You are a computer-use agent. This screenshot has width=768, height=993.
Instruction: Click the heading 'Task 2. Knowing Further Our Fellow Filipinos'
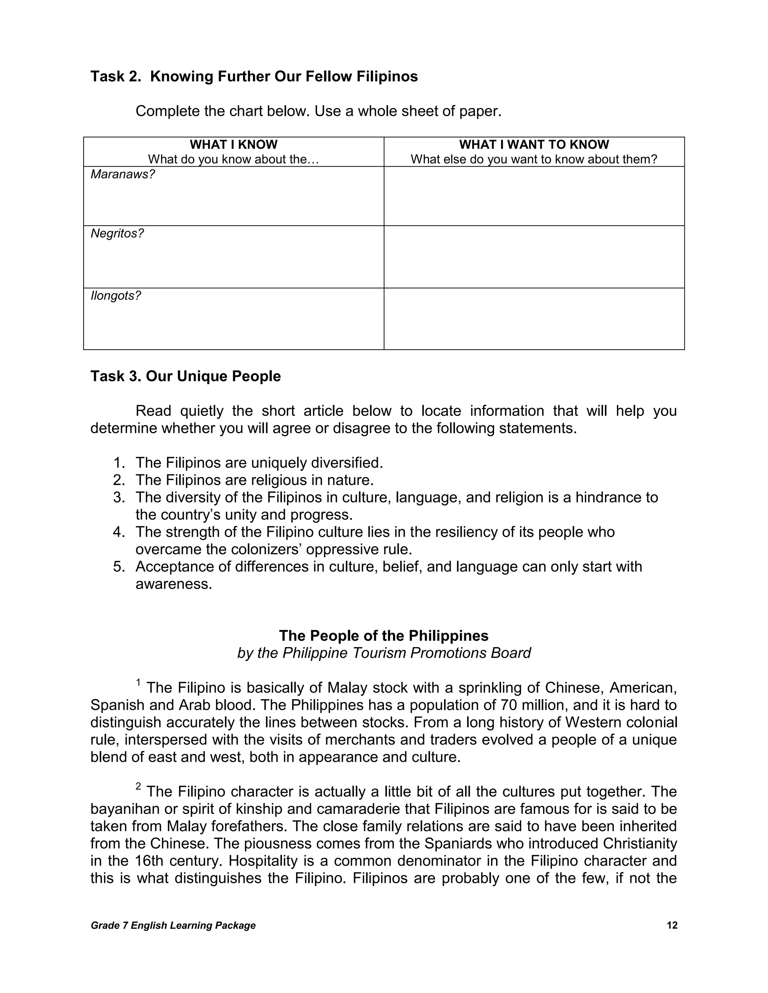[254, 76]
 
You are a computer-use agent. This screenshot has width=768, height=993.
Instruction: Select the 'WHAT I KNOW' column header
[233, 145]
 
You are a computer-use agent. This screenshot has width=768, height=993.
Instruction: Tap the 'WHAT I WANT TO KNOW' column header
[534, 145]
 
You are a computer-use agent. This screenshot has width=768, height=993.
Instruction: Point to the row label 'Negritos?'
[117, 234]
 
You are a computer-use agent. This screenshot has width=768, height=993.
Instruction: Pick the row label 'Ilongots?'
[115, 296]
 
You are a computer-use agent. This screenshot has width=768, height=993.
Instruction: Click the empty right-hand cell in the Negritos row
[534, 257]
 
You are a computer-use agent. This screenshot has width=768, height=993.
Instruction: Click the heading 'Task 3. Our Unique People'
[186, 377]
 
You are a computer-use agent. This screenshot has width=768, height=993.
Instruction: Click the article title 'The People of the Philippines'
[384, 636]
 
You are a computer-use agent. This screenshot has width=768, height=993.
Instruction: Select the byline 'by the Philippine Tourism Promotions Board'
[384, 654]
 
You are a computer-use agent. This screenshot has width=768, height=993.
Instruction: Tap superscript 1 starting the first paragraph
[139, 682]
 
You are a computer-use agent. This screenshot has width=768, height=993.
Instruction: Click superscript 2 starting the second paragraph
[139, 786]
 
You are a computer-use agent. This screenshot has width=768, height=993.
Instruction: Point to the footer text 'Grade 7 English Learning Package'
[173, 926]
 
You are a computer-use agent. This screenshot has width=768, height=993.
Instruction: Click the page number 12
[672, 926]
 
